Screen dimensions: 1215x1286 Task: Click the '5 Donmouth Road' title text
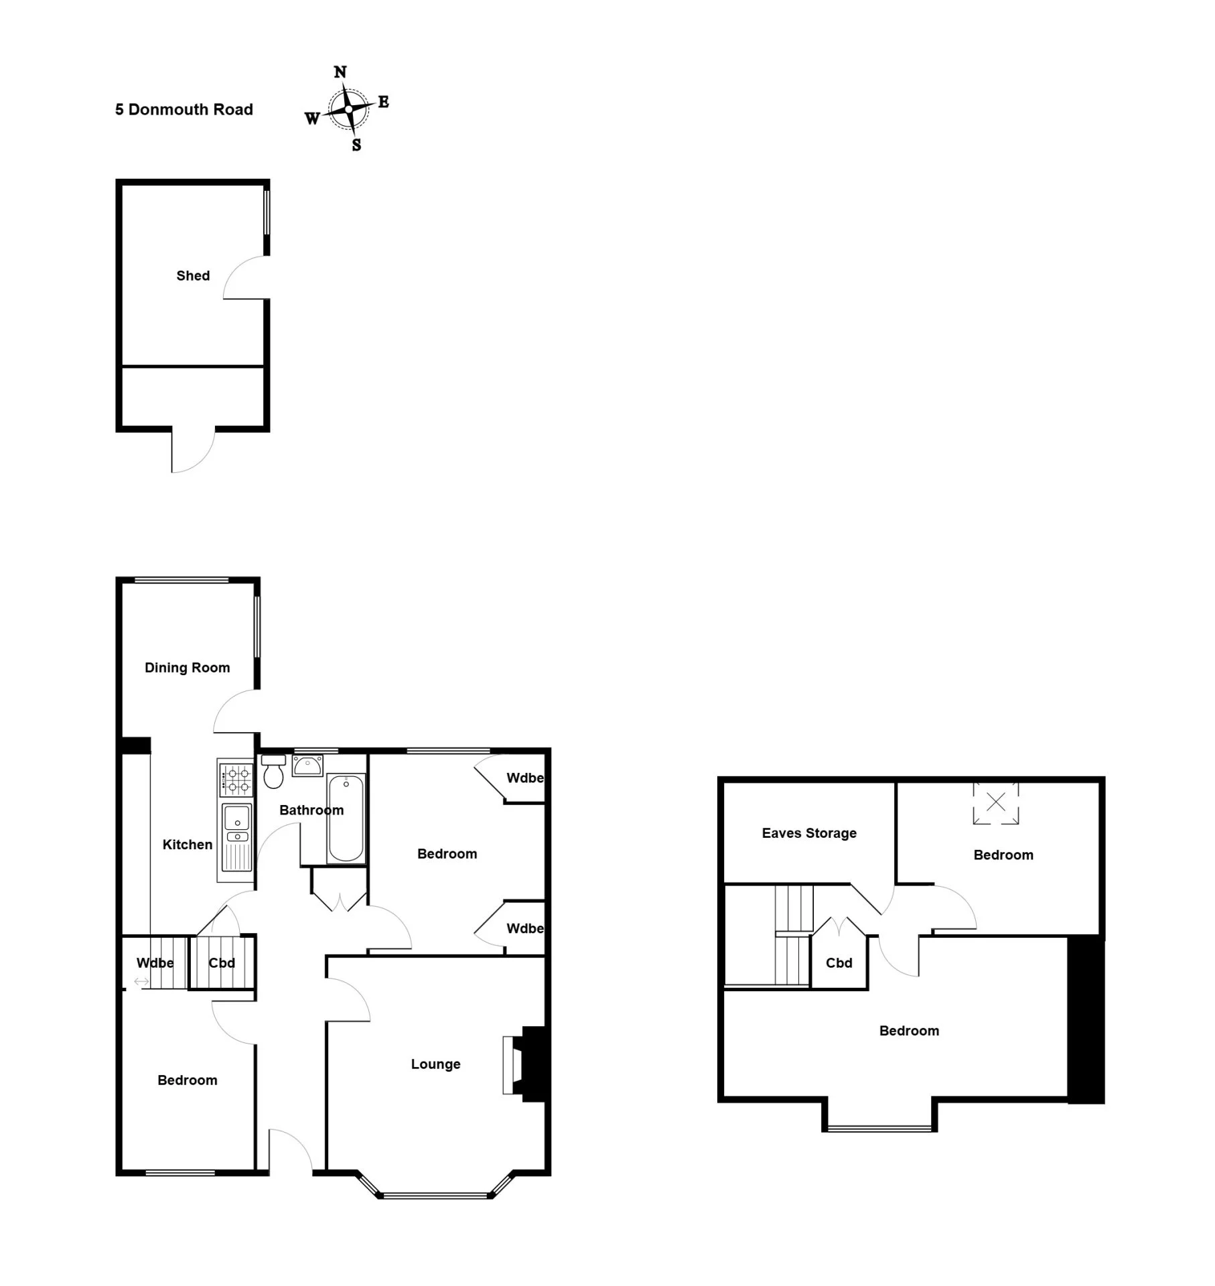(x=184, y=109)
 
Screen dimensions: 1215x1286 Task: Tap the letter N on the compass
(x=340, y=72)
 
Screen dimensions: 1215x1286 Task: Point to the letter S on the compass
(x=356, y=145)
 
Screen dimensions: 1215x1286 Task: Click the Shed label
(x=193, y=275)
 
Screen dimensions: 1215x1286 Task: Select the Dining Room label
(x=188, y=667)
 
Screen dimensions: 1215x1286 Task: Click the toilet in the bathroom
(x=273, y=772)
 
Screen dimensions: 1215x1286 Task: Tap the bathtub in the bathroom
(x=346, y=818)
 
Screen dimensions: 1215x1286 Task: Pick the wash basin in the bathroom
(x=307, y=766)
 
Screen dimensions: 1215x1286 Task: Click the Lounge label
(x=436, y=1064)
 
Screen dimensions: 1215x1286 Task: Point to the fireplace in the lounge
(x=526, y=1066)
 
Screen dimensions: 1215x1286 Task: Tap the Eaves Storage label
(x=809, y=833)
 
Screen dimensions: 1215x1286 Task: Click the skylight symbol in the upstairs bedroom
(x=996, y=802)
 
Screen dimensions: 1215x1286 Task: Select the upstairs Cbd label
(x=839, y=962)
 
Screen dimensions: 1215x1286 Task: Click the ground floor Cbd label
(x=222, y=962)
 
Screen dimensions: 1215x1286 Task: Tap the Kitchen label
(x=188, y=845)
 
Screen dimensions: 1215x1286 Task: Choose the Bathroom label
(x=311, y=810)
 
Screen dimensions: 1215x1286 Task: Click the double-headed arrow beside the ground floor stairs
(x=141, y=982)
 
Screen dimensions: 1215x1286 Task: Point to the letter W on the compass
(x=312, y=119)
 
